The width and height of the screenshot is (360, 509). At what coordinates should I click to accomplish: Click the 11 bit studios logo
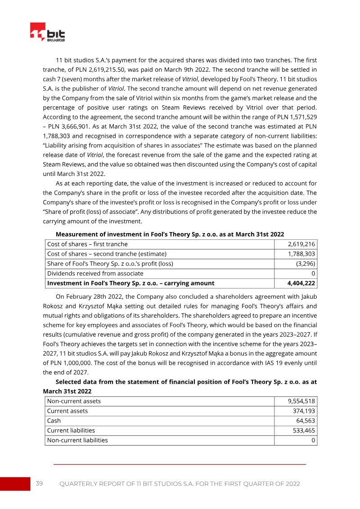coord(47,33)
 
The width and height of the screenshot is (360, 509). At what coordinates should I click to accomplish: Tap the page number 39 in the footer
coord(39,483)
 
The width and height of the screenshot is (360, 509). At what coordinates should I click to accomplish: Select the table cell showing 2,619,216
coord(301,244)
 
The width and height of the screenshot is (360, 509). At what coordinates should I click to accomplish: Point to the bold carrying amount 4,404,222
coord(301,283)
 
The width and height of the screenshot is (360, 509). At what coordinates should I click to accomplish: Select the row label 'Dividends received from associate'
coord(95,273)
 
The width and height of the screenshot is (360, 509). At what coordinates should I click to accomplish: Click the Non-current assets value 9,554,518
coord(301,401)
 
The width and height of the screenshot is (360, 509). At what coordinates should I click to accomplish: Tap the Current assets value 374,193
coord(304,411)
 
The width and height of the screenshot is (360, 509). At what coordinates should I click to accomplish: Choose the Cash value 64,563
coord(306,421)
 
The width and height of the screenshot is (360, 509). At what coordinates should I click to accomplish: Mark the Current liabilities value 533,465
coord(304,430)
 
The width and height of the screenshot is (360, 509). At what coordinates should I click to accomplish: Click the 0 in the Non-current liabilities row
coord(313,440)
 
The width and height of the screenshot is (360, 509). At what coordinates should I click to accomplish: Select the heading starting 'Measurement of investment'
coord(170,234)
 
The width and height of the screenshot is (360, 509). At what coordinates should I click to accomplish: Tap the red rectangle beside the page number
coord(14,483)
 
